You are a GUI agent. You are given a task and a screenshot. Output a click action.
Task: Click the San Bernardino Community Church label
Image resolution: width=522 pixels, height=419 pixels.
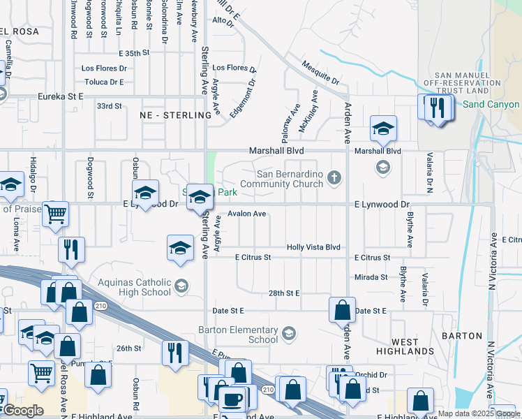point(290,179)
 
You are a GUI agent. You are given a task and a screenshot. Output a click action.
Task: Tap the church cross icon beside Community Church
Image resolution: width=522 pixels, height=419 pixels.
point(334,177)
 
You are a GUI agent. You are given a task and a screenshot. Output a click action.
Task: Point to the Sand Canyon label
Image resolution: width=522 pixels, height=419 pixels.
point(491,105)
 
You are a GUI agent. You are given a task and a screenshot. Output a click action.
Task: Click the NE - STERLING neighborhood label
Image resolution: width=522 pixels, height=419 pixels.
point(175,115)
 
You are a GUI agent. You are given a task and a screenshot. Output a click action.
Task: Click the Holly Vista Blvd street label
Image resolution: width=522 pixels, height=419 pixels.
point(313,247)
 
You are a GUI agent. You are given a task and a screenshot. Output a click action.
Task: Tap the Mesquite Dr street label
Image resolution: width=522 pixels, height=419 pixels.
point(320,72)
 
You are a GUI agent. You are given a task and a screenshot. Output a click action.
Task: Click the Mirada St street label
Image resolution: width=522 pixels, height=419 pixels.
point(371,277)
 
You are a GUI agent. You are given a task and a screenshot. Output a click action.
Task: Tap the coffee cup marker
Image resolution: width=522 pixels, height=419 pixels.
point(232,399)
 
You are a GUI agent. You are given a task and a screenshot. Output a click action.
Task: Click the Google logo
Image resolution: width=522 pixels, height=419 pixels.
point(23,411)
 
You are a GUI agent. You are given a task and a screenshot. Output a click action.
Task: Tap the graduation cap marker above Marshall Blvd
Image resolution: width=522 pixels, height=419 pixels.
point(383,128)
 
